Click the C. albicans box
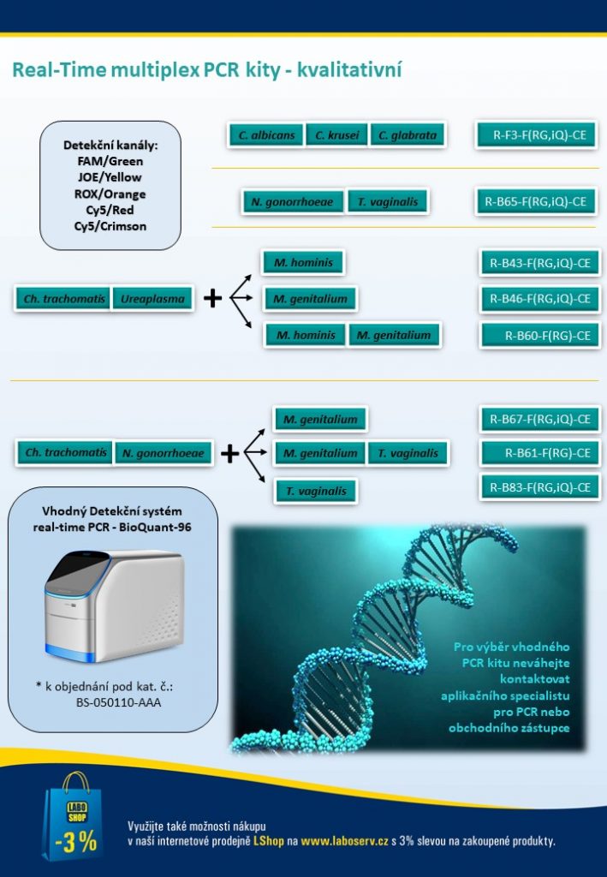pyautogui.click(x=266, y=134)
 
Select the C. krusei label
pyautogui.click(x=336, y=134)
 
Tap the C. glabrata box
pyautogui.click(x=408, y=134)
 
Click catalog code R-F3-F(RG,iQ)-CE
pyautogui.click(x=537, y=134)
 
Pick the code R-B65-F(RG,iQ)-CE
pyautogui.click(x=537, y=201)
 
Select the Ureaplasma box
pyautogui.click(x=152, y=299)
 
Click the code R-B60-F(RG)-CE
pyautogui.click(x=540, y=336)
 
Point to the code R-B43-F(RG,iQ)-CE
pyautogui.click(x=540, y=263)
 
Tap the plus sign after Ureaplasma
pyautogui.click(x=212, y=298)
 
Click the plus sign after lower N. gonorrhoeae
pyautogui.click(x=229, y=454)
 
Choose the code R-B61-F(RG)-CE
pyautogui.click(x=540, y=453)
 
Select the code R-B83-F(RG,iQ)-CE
pyautogui.click(x=540, y=487)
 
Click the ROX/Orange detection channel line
pyautogui.click(x=110, y=194)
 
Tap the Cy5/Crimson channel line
pyautogui.click(x=110, y=226)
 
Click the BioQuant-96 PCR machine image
pyautogui.click(x=114, y=606)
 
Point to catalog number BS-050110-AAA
pyautogui.click(x=118, y=702)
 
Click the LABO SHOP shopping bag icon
pyautogui.click(x=73, y=816)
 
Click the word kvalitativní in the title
pyautogui.click(x=349, y=70)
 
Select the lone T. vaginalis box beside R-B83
pyautogui.click(x=316, y=491)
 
